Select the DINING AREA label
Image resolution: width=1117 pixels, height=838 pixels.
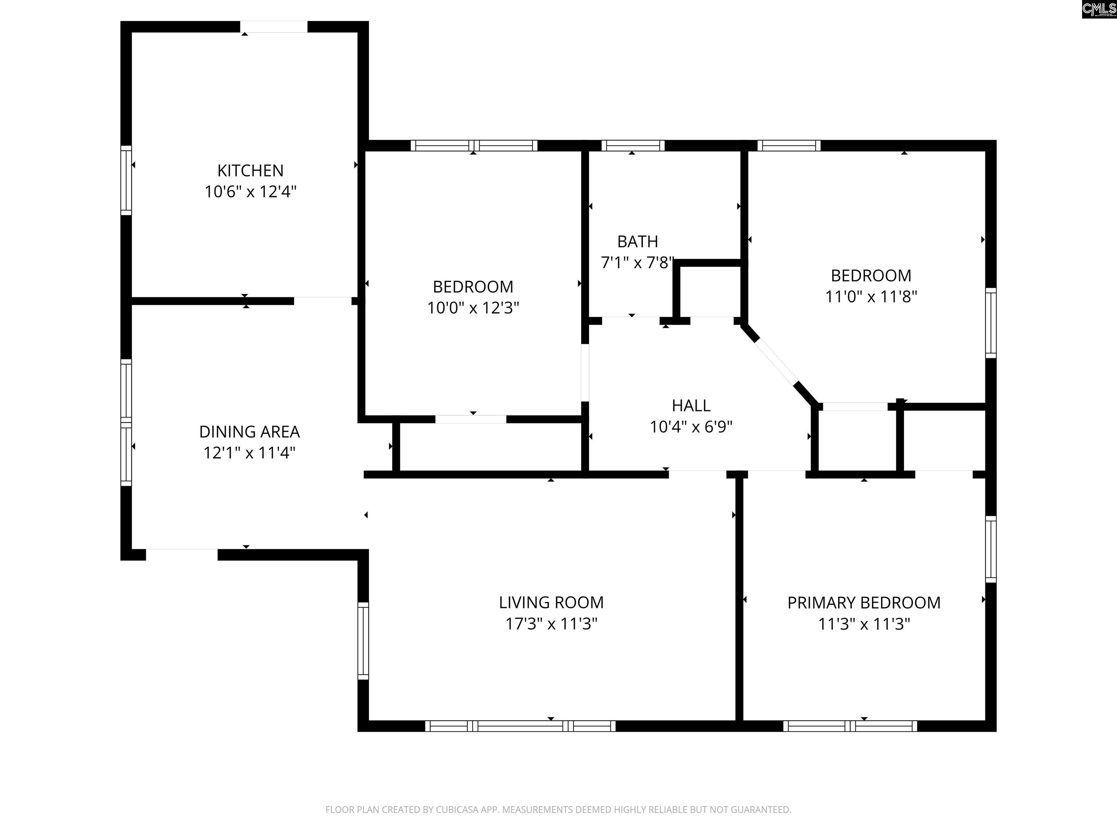pos(249,432)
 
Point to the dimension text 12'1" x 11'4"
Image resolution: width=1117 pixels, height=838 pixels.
pos(249,452)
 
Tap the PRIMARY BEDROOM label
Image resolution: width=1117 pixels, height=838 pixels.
pos(864,603)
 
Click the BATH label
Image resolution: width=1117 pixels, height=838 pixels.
pos(638,242)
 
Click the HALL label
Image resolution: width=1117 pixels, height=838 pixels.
pos(691,406)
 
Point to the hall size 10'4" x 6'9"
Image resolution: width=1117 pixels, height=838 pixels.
pos(691,427)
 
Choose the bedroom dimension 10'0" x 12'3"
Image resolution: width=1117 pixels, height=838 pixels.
pos(473,308)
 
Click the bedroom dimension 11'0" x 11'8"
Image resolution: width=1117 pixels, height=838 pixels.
pos(871,296)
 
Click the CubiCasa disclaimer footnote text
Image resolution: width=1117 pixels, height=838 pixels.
pos(558,810)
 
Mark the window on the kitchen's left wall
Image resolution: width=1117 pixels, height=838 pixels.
pos(126,180)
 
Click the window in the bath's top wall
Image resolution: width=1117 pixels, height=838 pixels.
pos(633,146)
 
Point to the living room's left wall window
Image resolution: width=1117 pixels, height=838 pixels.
pos(363,641)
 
